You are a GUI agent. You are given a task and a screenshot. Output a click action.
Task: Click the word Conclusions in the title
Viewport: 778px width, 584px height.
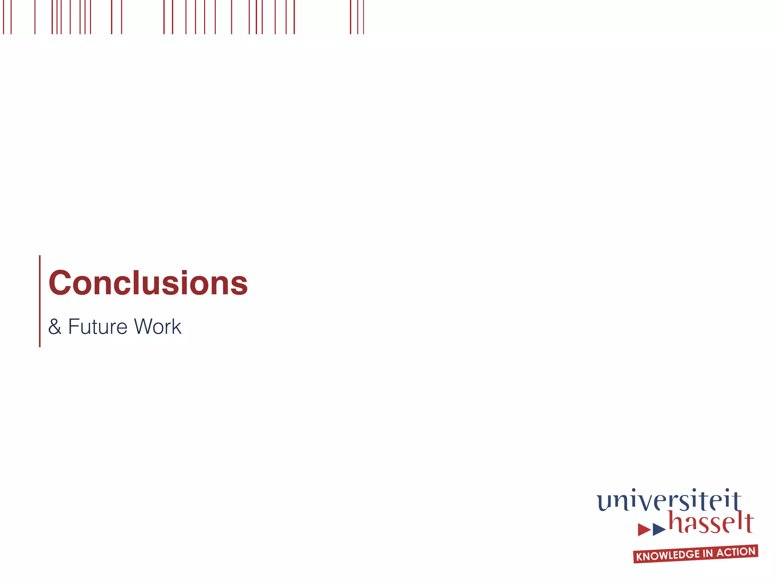tap(148, 283)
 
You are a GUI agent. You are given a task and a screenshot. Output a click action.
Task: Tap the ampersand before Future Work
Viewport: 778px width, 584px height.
tap(55, 327)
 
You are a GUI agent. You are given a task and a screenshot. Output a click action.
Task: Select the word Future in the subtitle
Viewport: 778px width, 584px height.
tap(98, 327)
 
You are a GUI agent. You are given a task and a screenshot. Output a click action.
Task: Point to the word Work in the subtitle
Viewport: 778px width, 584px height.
tap(158, 327)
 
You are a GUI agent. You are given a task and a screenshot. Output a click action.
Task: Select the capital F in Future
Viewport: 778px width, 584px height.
tap(74, 327)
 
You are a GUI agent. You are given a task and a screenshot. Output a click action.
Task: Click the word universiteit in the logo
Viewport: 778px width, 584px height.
tap(669, 501)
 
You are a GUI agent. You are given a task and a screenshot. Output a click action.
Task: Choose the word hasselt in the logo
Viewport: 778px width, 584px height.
tap(711, 523)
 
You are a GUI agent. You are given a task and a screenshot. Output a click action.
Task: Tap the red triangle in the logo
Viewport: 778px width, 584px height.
tap(644, 529)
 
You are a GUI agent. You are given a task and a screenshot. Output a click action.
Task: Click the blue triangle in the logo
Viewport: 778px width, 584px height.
tap(659, 529)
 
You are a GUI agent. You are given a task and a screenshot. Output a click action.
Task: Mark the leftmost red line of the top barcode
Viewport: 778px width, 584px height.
tap(3, 17)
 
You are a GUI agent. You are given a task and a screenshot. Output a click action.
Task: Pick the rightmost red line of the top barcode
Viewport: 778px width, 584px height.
tap(364, 17)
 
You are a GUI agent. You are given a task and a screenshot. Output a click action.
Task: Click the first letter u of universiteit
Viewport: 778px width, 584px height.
tap(604, 503)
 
